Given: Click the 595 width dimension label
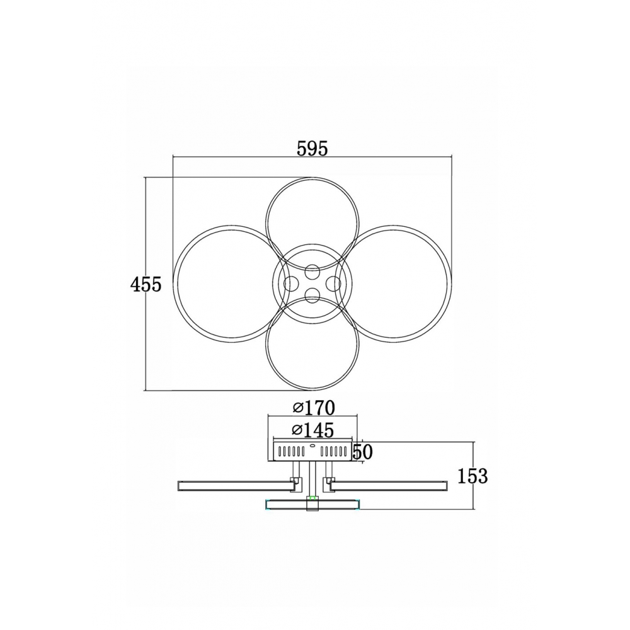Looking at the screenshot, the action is tap(312, 149).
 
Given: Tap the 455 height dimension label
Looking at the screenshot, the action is tap(146, 285).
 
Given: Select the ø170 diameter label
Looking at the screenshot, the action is tap(313, 408).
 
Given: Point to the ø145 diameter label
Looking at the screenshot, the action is tap(313, 430).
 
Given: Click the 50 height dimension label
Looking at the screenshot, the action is tap(362, 452).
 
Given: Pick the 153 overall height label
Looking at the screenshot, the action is tap(472, 476).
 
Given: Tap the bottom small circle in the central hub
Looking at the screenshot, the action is tap(312, 296).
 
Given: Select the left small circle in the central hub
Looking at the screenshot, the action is tap(292, 284).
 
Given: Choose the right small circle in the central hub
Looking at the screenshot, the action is tap(333, 284).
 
